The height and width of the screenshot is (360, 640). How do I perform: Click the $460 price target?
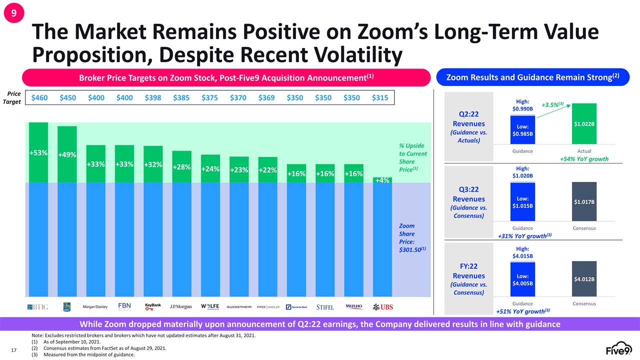(39, 98)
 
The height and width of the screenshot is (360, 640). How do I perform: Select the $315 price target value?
(380, 98)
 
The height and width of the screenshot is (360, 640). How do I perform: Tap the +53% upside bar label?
(38, 152)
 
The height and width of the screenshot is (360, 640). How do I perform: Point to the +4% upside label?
(382, 180)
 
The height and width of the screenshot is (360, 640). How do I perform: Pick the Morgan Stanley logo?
(95, 306)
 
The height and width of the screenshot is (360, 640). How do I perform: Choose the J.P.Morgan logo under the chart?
(181, 306)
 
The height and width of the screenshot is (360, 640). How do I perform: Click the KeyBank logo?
(153, 306)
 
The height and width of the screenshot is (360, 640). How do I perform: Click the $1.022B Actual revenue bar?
(584, 124)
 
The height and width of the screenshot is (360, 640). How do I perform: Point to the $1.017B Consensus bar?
(584, 201)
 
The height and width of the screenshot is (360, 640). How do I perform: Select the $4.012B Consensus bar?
(584, 278)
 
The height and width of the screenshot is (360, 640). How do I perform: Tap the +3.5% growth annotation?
(553, 105)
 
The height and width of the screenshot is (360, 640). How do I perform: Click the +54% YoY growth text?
(584, 159)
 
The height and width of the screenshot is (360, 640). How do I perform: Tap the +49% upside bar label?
(67, 155)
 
